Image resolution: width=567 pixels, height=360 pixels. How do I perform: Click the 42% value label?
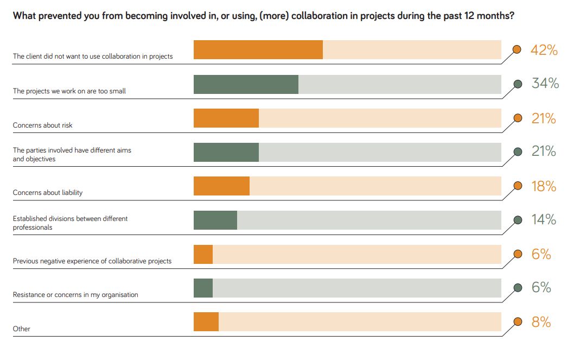pyautogui.click(x=544, y=50)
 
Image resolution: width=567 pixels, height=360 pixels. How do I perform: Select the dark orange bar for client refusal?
pyautogui.click(x=258, y=50)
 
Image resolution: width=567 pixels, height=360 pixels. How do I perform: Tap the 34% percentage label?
pyautogui.click(x=545, y=84)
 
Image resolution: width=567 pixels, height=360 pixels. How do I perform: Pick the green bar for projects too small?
pyautogui.click(x=246, y=84)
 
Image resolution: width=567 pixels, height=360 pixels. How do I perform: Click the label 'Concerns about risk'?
pyautogui.click(x=43, y=125)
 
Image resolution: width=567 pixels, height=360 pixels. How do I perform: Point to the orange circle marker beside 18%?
pyautogui.click(x=517, y=186)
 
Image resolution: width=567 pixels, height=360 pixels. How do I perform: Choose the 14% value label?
pyautogui.click(x=544, y=220)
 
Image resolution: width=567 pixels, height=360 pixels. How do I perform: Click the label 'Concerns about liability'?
pyautogui.click(x=48, y=193)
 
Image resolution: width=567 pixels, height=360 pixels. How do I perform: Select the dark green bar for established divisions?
pyautogui.click(x=215, y=220)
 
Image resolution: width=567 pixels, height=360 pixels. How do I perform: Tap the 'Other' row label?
pyautogui.click(x=22, y=329)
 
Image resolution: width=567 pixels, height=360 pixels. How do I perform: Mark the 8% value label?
pyautogui.click(x=541, y=322)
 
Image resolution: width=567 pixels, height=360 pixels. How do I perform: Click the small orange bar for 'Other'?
pyautogui.click(x=206, y=322)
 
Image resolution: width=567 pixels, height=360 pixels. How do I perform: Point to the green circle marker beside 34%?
pyautogui.click(x=518, y=84)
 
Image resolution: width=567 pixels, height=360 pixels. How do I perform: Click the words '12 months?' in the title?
pyautogui.click(x=490, y=16)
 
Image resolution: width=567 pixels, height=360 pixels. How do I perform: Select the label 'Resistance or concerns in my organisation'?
pyautogui.click(x=75, y=295)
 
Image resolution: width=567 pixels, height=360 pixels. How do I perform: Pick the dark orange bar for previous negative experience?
pyautogui.click(x=203, y=254)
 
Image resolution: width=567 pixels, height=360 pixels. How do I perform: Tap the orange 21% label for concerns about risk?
pyautogui.click(x=544, y=118)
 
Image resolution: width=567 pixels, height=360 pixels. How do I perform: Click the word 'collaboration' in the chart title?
pyautogui.click(x=318, y=16)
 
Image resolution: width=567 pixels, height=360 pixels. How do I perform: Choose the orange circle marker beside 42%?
pyautogui.click(x=517, y=50)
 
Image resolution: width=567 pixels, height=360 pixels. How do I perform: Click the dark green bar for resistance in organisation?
pyautogui.click(x=203, y=288)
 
